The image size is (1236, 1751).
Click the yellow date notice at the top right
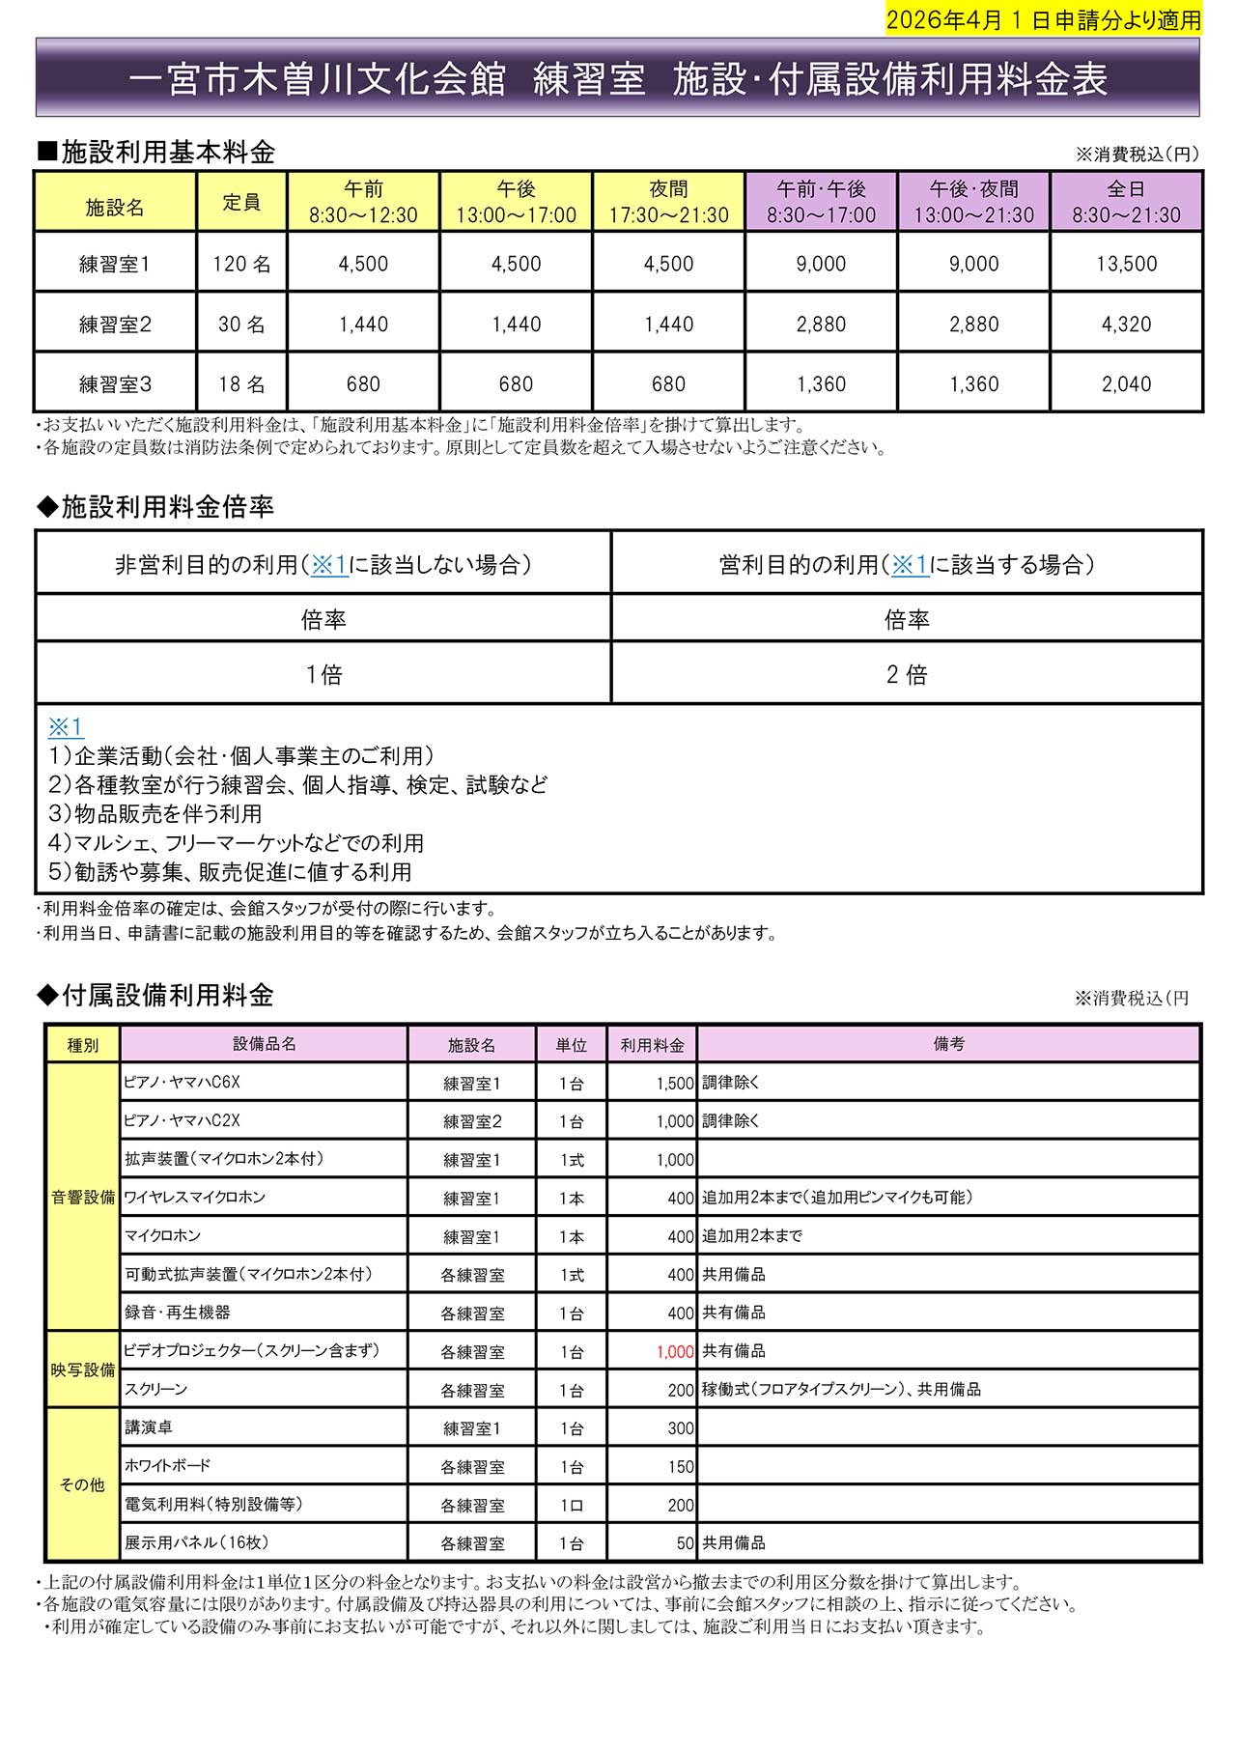point(1044,19)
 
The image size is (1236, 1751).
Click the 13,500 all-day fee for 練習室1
point(1126,264)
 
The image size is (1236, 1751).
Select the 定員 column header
point(241,202)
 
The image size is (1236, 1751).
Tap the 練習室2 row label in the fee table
point(115,325)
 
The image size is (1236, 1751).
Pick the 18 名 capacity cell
point(241,384)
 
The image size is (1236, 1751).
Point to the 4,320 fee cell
point(1126,325)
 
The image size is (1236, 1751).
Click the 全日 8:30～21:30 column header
point(1126,202)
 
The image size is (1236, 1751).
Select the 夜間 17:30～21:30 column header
point(668,202)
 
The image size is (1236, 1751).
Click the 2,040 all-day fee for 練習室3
point(1126,384)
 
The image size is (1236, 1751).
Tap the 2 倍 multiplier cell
point(907,674)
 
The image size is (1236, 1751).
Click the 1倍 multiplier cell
point(323,674)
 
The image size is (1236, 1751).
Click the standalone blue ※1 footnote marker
point(66,726)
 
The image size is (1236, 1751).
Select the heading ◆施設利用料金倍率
point(155,507)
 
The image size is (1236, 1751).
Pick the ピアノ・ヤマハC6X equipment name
point(183,1083)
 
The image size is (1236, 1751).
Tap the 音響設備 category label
point(83,1198)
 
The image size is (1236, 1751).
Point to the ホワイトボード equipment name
point(167,1466)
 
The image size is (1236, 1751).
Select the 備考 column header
point(948,1044)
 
